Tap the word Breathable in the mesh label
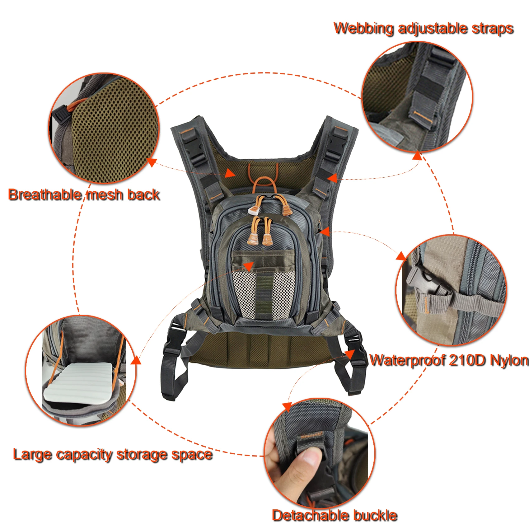point(44,195)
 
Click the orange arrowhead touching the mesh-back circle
point(152,162)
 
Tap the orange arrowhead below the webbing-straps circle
point(417,156)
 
